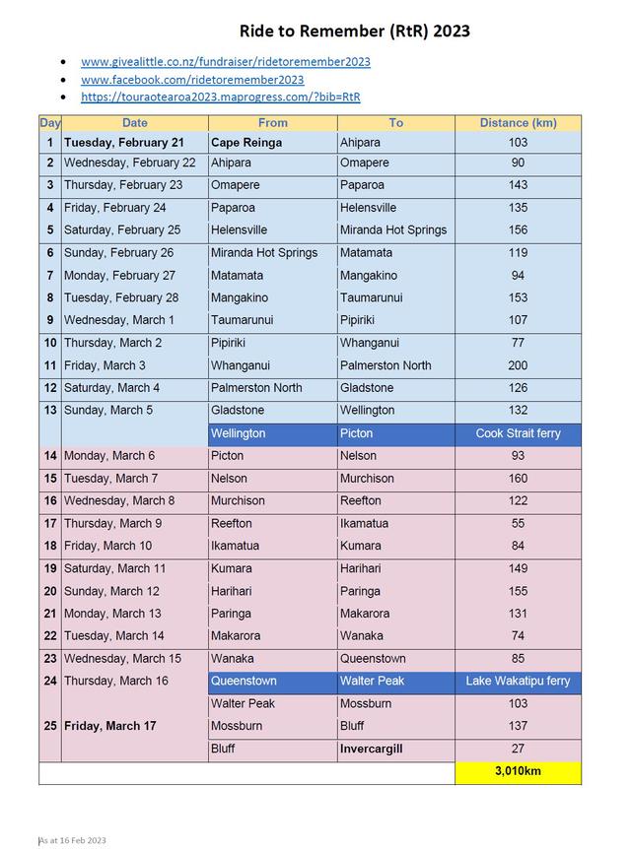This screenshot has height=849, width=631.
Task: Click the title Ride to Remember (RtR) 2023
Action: pos(354,31)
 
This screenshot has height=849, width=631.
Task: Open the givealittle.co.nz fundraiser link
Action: pos(226,62)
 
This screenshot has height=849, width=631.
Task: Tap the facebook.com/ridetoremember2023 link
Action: pos(192,80)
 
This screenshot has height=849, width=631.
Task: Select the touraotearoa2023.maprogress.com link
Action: pos(220,97)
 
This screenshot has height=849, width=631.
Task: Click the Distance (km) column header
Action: pos(518,123)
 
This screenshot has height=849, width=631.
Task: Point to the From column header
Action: pos(272,123)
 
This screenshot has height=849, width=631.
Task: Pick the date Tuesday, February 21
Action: pos(124,143)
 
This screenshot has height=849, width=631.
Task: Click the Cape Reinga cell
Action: pos(246,143)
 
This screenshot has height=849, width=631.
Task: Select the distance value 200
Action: pos(518,365)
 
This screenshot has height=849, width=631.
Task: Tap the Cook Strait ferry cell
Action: pos(518,433)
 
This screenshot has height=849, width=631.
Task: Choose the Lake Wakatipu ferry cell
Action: pos(518,681)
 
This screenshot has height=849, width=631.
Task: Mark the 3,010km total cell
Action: pos(518,772)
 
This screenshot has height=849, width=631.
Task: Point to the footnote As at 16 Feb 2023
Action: pos(72,840)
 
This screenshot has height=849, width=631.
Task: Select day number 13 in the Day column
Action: pos(49,411)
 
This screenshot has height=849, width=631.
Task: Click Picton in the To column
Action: pos(357,433)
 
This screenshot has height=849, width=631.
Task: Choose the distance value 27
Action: pos(518,749)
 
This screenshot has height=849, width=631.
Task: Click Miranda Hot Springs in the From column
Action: pos(264,253)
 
